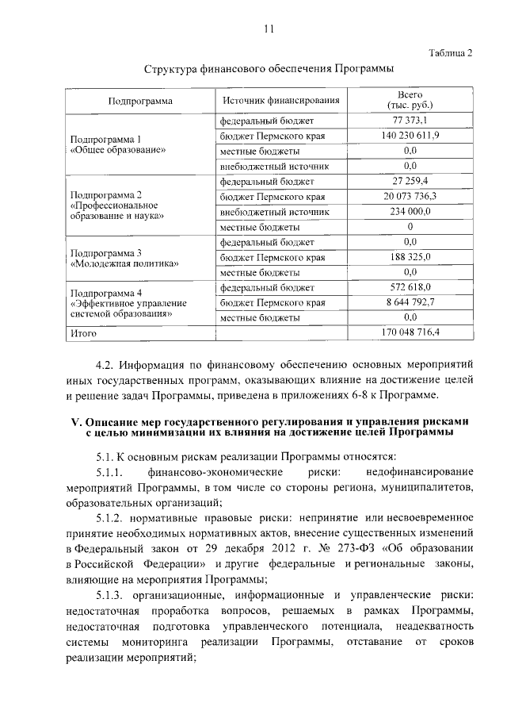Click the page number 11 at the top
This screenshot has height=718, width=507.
click(269, 29)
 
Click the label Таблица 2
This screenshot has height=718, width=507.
click(449, 53)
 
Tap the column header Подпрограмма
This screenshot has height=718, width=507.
click(141, 102)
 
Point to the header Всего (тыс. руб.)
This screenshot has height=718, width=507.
click(410, 100)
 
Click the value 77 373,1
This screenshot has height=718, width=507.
click(410, 121)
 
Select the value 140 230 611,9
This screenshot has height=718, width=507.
click(410, 136)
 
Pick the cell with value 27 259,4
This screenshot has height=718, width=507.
click(410, 182)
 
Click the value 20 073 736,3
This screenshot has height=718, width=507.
click(410, 197)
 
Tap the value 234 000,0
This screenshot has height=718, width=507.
click(410, 212)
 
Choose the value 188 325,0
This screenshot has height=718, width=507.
click(410, 257)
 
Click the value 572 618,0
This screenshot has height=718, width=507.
click(410, 287)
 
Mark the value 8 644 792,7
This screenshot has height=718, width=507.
click(410, 302)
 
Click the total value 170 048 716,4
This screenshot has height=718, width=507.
click(410, 332)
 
